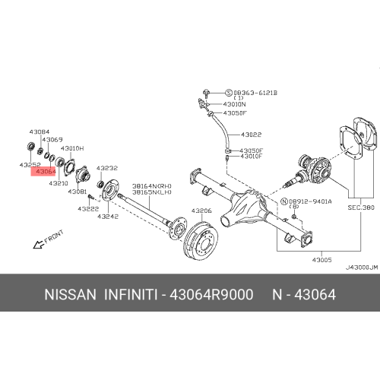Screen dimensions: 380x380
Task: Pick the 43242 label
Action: (x=107, y=216)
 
